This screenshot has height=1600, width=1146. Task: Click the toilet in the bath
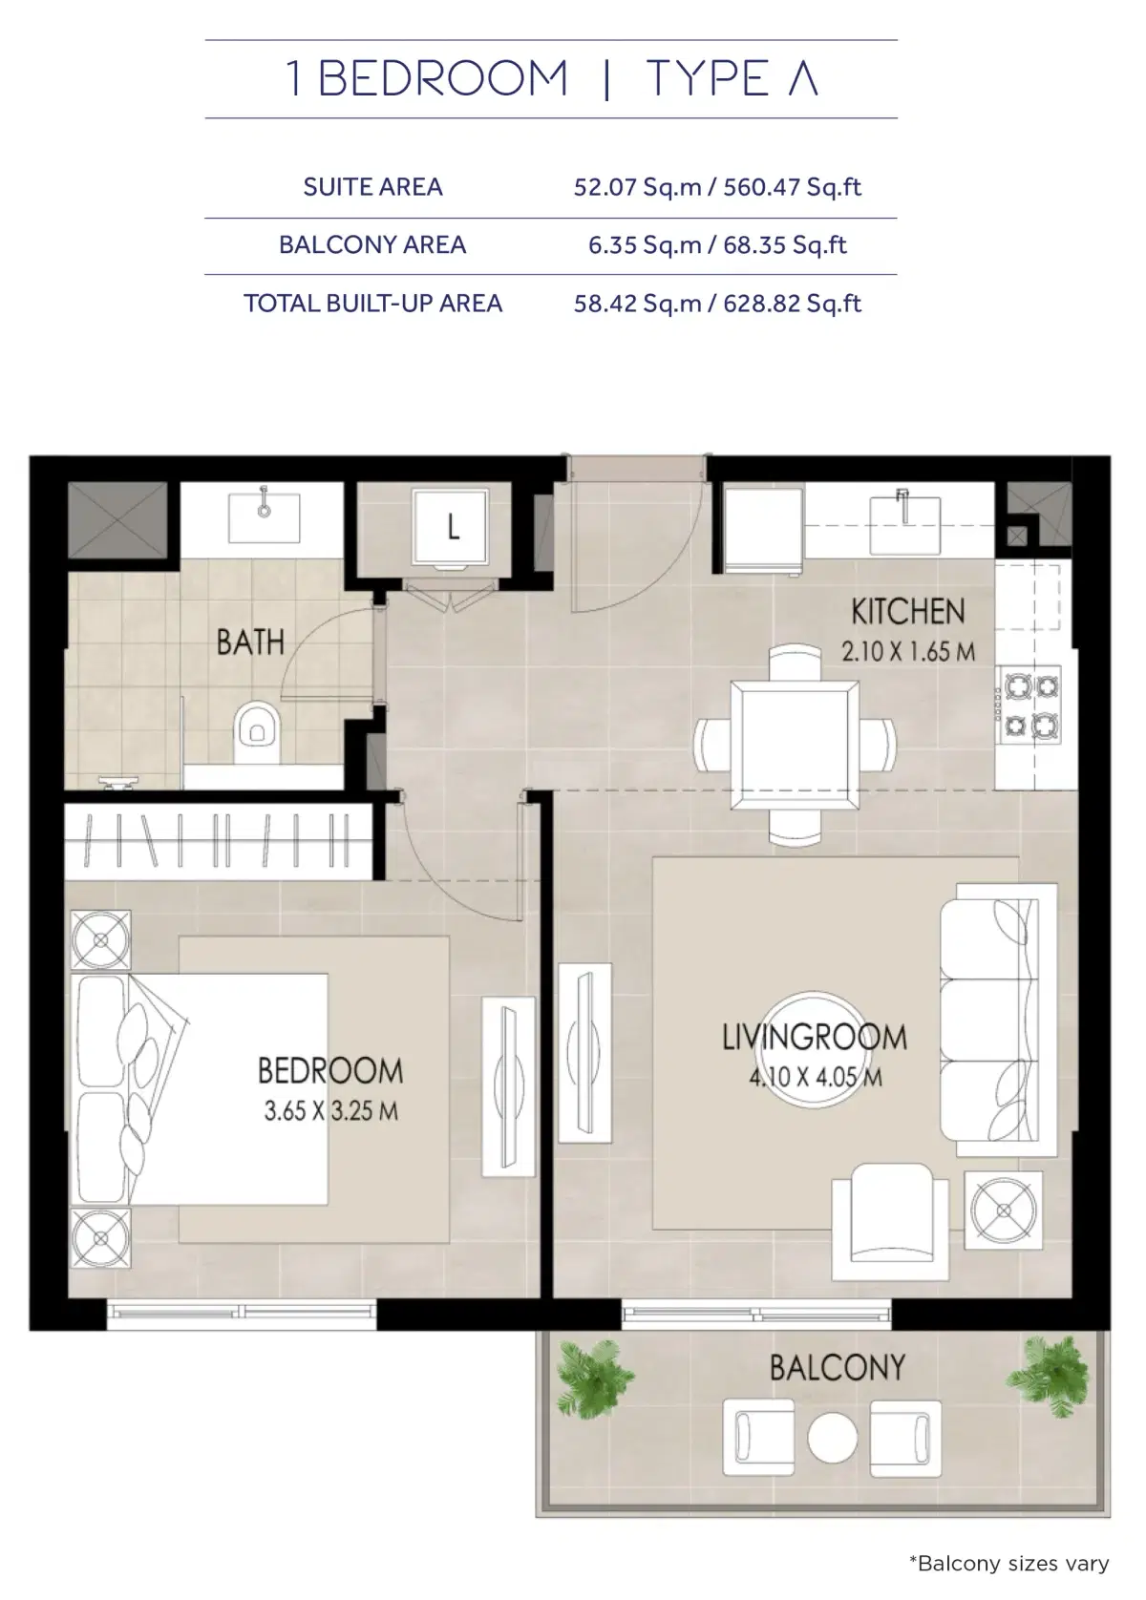[x=255, y=732]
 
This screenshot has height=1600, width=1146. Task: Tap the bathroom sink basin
[x=264, y=516]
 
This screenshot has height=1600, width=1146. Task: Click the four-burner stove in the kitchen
[x=1029, y=706]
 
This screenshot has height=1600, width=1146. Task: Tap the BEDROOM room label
[x=330, y=1071]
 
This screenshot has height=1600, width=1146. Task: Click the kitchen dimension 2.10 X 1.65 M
[x=907, y=652]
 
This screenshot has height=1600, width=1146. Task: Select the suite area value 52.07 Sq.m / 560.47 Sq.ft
[x=717, y=187]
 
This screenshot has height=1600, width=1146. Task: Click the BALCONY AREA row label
[x=372, y=245]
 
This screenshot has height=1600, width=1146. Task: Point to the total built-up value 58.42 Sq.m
[x=637, y=304]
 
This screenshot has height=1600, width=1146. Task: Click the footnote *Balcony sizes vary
[x=1008, y=1564]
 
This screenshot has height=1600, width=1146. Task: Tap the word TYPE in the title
[x=708, y=79]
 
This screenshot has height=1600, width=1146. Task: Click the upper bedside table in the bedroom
[x=99, y=940]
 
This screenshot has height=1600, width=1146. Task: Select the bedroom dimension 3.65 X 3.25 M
[x=330, y=1110]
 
